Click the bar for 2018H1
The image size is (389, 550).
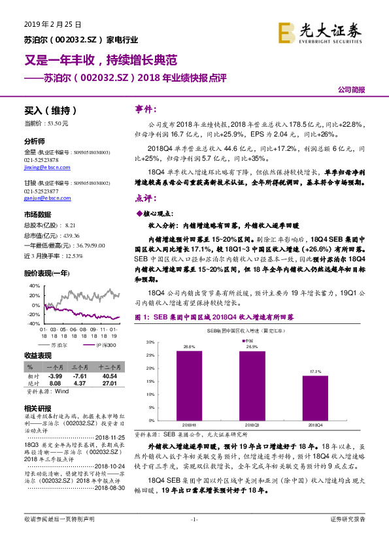(x=189, y=385)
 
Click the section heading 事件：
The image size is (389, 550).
(x=144, y=108)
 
